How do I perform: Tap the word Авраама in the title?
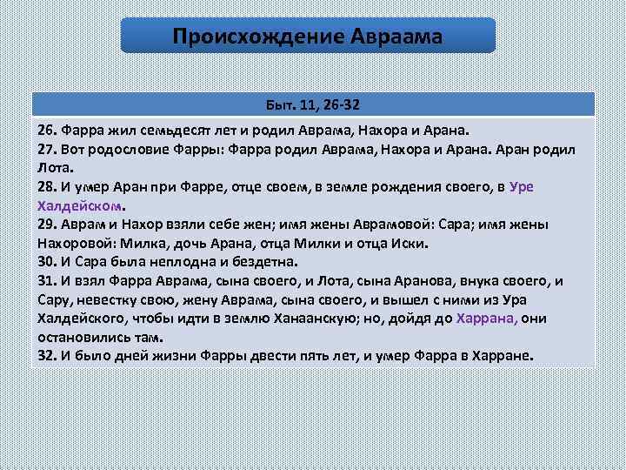pyautogui.click(x=396, y=37)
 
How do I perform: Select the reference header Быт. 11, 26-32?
pyautogui.click(x=313, y=105)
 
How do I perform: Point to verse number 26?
pyautogui.click(x=47, y=130)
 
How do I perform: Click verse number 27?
pyautogui.click(x=47, y=149)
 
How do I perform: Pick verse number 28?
pyautogui.click(x=47, y=186)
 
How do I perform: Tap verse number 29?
pyautogui.click(x=47, y=224)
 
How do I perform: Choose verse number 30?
pyautogui.click(x=47, y=261)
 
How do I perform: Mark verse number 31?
pyautogui.click(x=47, y=280)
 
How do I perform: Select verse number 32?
pyautogui.click(x=47, y=355)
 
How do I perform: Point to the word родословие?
pyautogui.click(x=129, y=149)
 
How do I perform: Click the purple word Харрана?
pyautogui.click(x=486, y=318)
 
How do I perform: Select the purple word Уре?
pyautogui.click(x=522, y=186)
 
